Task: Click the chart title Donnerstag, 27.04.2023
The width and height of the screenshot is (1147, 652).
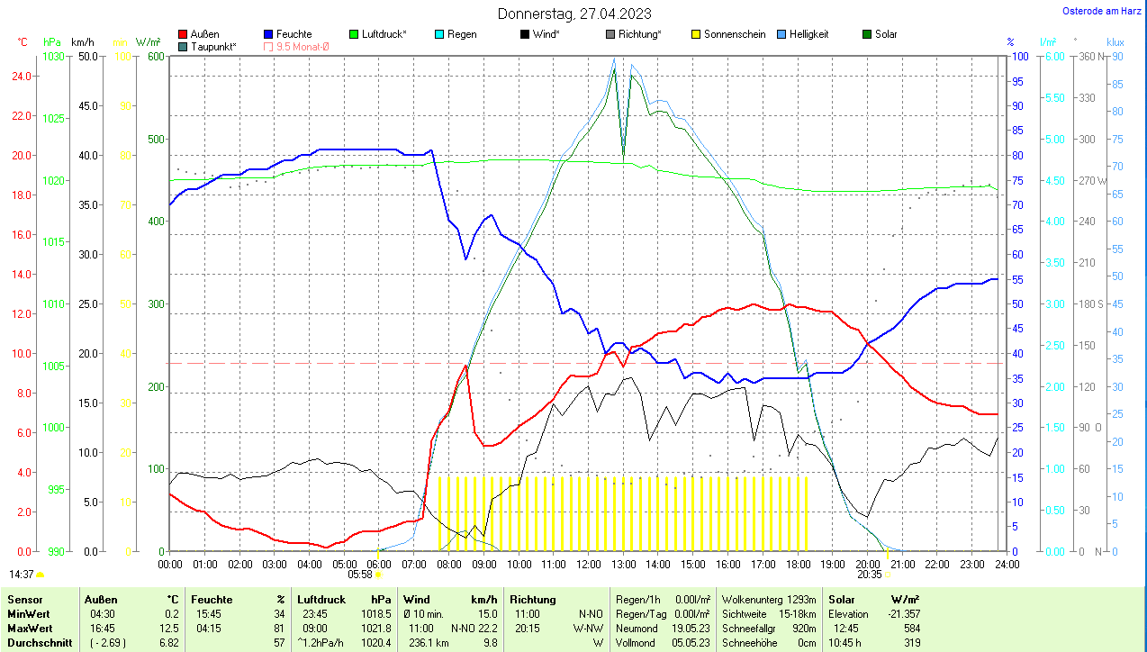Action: [574, 14]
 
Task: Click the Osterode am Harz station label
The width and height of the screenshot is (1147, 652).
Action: [1103, 11]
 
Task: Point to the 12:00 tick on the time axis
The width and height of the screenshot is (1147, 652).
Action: [589, 564]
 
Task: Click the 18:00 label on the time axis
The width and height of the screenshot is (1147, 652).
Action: [798, 564]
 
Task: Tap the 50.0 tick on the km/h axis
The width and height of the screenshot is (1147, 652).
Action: [88, 56]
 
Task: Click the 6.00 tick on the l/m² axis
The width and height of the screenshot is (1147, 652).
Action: [1053, 56]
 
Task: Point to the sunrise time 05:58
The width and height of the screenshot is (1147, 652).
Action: [360, 574]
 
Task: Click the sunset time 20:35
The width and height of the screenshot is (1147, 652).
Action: [869, 574]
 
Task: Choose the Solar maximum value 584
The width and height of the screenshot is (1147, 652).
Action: [911, 628]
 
